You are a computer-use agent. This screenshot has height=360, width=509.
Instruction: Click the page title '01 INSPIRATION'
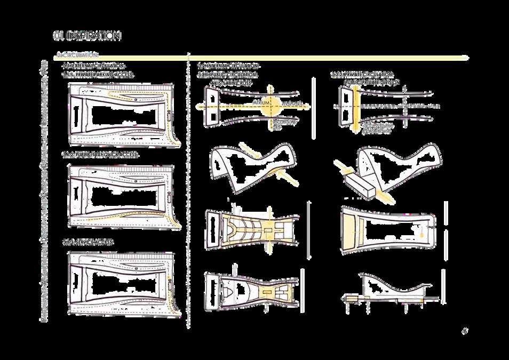(87, 36)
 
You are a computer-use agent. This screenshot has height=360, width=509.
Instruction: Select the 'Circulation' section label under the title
(77, 54)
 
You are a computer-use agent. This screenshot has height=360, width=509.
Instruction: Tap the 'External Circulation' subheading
(93, 66)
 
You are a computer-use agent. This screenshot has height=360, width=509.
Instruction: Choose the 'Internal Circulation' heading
(228, 66)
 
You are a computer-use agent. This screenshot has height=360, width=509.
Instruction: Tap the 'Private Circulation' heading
(362, 74)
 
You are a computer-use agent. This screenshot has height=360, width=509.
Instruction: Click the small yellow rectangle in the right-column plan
(421, 233)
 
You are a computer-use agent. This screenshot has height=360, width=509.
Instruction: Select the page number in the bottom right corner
(464, 331)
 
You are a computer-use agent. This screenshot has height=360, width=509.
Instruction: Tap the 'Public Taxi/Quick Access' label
(100, 155)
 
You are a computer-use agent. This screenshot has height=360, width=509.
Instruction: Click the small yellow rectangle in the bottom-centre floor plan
(266, 292)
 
